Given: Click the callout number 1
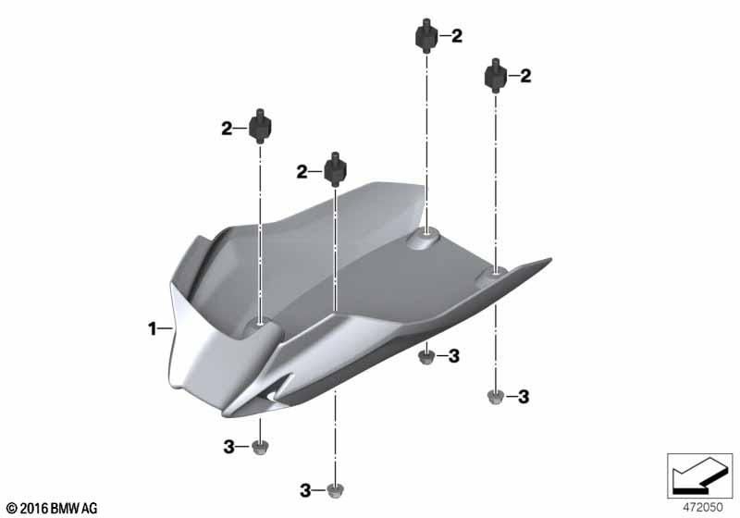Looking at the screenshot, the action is click(152, 328).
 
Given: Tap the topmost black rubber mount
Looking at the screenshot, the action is click(426, 35).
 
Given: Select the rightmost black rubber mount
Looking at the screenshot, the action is click(496, 76).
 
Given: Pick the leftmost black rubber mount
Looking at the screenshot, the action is click(260, 126).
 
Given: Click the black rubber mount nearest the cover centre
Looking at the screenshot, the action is click(335, 169).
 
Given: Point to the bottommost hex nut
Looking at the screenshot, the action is click(335, 490).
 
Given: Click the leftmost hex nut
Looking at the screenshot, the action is click(260, 447).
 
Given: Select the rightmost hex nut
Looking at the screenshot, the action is click(495, 396).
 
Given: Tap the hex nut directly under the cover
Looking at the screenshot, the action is click(426, 356).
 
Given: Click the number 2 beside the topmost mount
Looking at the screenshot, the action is click(457, 36).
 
